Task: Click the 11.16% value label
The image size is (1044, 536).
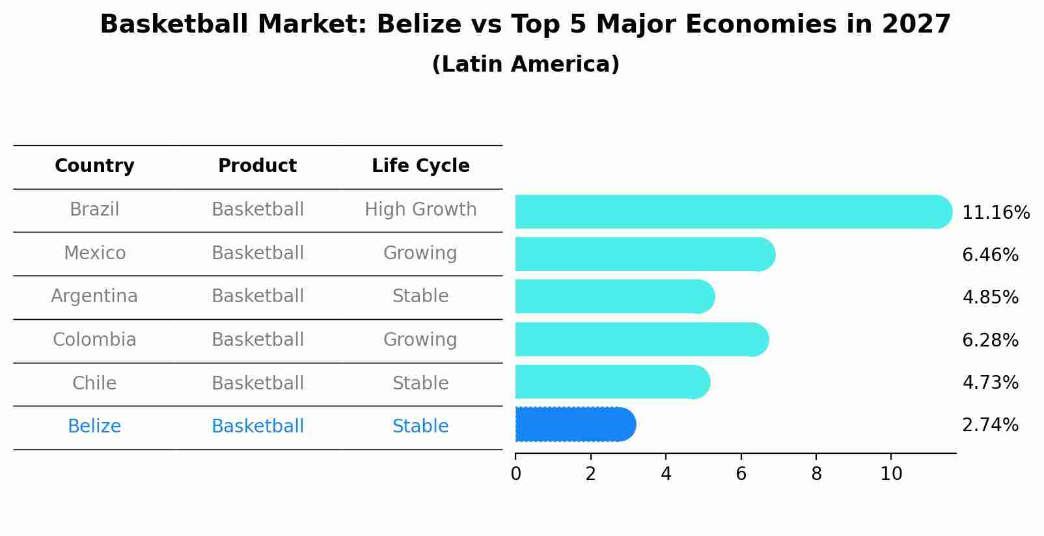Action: [x=995, y=213]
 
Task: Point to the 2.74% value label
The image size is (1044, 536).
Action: [x=990, y=425]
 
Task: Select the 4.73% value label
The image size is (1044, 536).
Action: [x=990, y=382]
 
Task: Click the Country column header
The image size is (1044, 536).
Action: [x=94, y=166]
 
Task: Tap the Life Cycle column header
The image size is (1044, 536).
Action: [x=420, y=166]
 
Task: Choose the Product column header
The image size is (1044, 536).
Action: [x=257, y=166]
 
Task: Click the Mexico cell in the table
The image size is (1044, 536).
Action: [x=94, y=253]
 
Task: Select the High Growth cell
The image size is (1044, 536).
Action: [x=420, y=210]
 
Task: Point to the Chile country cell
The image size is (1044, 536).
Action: [x=94, y=383]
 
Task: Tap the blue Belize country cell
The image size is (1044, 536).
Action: [x=94, y=427]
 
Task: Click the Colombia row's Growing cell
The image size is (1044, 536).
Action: [x=420, y=340]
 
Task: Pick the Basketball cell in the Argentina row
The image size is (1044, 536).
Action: [x=258, y=296]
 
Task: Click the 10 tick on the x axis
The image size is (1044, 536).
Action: [x=891, y=474]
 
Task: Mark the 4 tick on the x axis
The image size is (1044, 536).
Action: [x=666, y=474]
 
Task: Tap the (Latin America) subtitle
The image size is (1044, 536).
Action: [x=525, y=64]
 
